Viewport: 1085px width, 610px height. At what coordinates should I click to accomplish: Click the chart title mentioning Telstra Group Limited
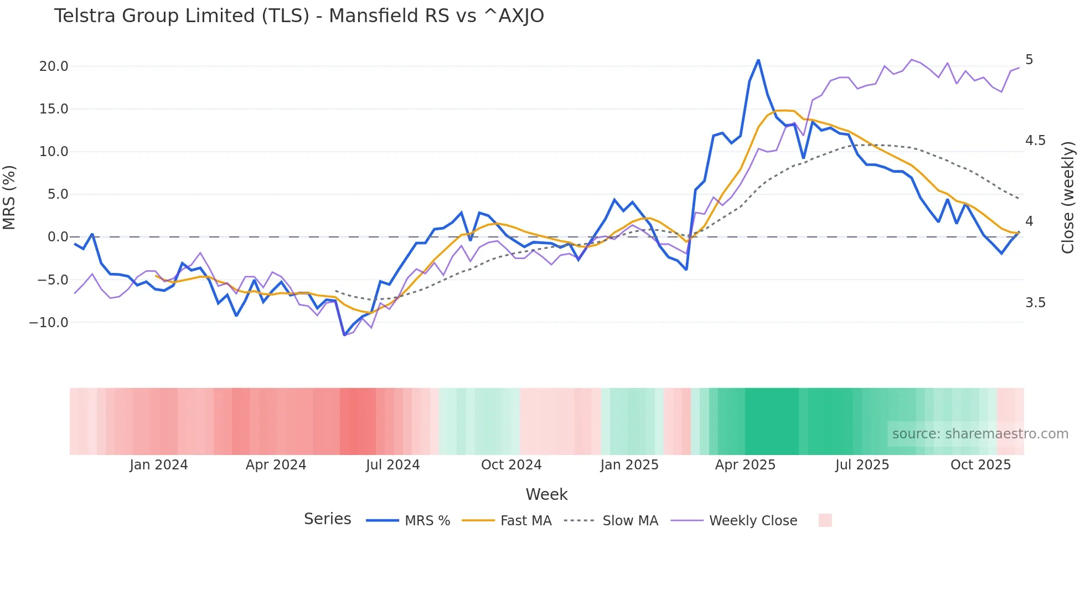click(299, 16)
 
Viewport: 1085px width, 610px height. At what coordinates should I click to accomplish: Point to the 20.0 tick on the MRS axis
click(54, 66)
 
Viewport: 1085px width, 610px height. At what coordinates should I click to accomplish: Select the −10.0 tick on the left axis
click(49, 322)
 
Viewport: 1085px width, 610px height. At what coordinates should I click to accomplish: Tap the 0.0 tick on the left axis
click(58, 237)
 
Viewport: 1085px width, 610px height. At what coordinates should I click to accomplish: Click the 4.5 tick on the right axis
click(1035, 141)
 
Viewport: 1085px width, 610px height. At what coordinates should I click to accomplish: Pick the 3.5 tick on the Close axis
click(1035, 303)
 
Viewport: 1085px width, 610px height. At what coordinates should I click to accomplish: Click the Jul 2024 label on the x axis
click(392, 465)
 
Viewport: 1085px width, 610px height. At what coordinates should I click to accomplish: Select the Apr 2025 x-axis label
click(745, 465)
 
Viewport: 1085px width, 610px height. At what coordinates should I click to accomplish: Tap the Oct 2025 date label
click(980, 465)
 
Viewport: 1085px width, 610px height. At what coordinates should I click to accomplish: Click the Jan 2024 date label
click(159, 465)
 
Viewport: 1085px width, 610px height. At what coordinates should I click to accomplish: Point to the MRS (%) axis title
click(9, 198)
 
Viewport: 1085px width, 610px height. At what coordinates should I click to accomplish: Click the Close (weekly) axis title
click(1068, 198)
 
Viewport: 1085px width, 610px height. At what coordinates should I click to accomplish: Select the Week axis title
click(546, 494)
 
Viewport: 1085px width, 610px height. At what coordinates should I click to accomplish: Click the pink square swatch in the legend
click(825, 520)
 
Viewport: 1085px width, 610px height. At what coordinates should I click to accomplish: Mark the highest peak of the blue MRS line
click(758, 60)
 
